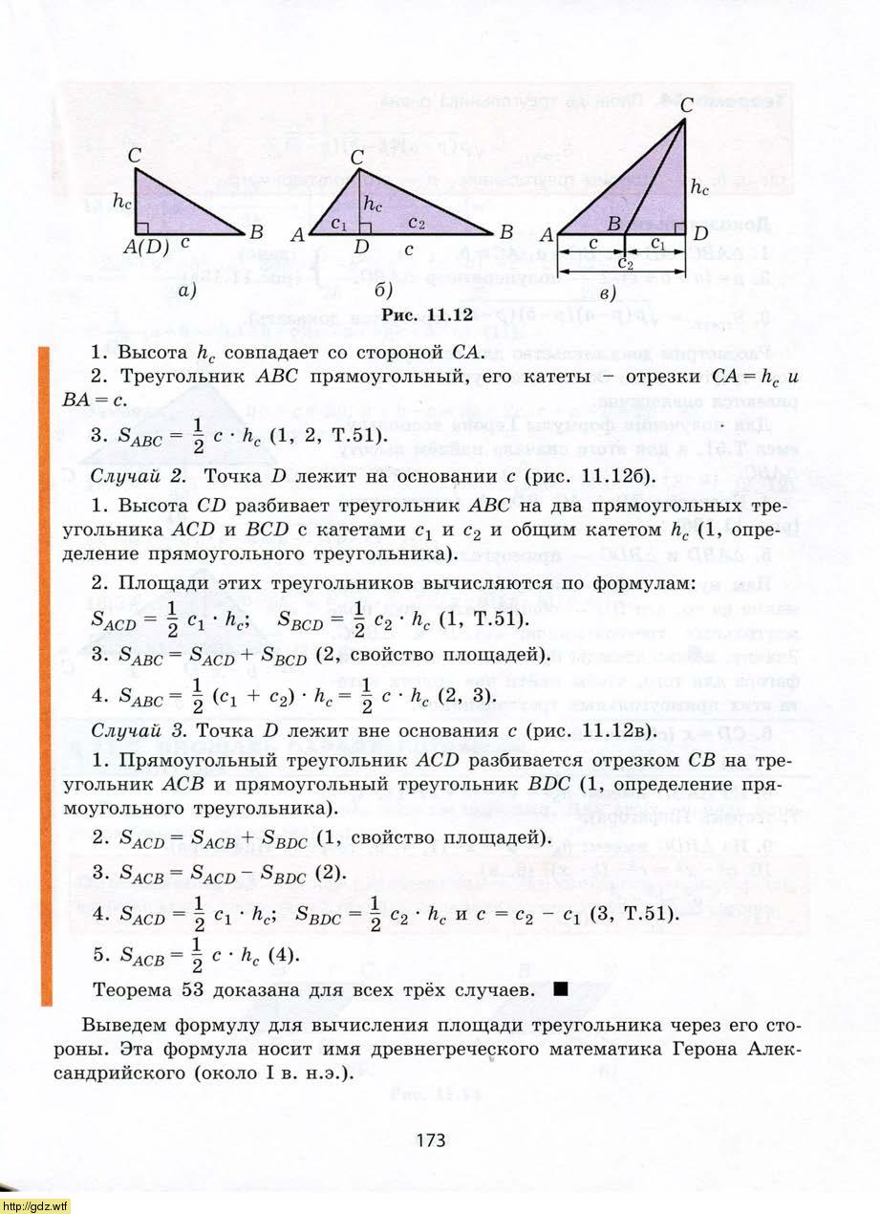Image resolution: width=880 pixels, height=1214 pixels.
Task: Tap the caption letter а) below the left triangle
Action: [187, 293]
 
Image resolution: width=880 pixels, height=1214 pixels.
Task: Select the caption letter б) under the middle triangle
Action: [385, 291]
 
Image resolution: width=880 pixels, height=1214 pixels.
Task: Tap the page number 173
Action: [431, 1139]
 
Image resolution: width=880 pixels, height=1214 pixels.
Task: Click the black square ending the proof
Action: [560, 987]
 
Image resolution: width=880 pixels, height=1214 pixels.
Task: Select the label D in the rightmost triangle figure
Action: [699, 233]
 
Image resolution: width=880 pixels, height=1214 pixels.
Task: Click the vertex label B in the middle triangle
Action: [505, 231]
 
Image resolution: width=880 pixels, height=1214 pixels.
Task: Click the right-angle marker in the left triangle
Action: [140, 228]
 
